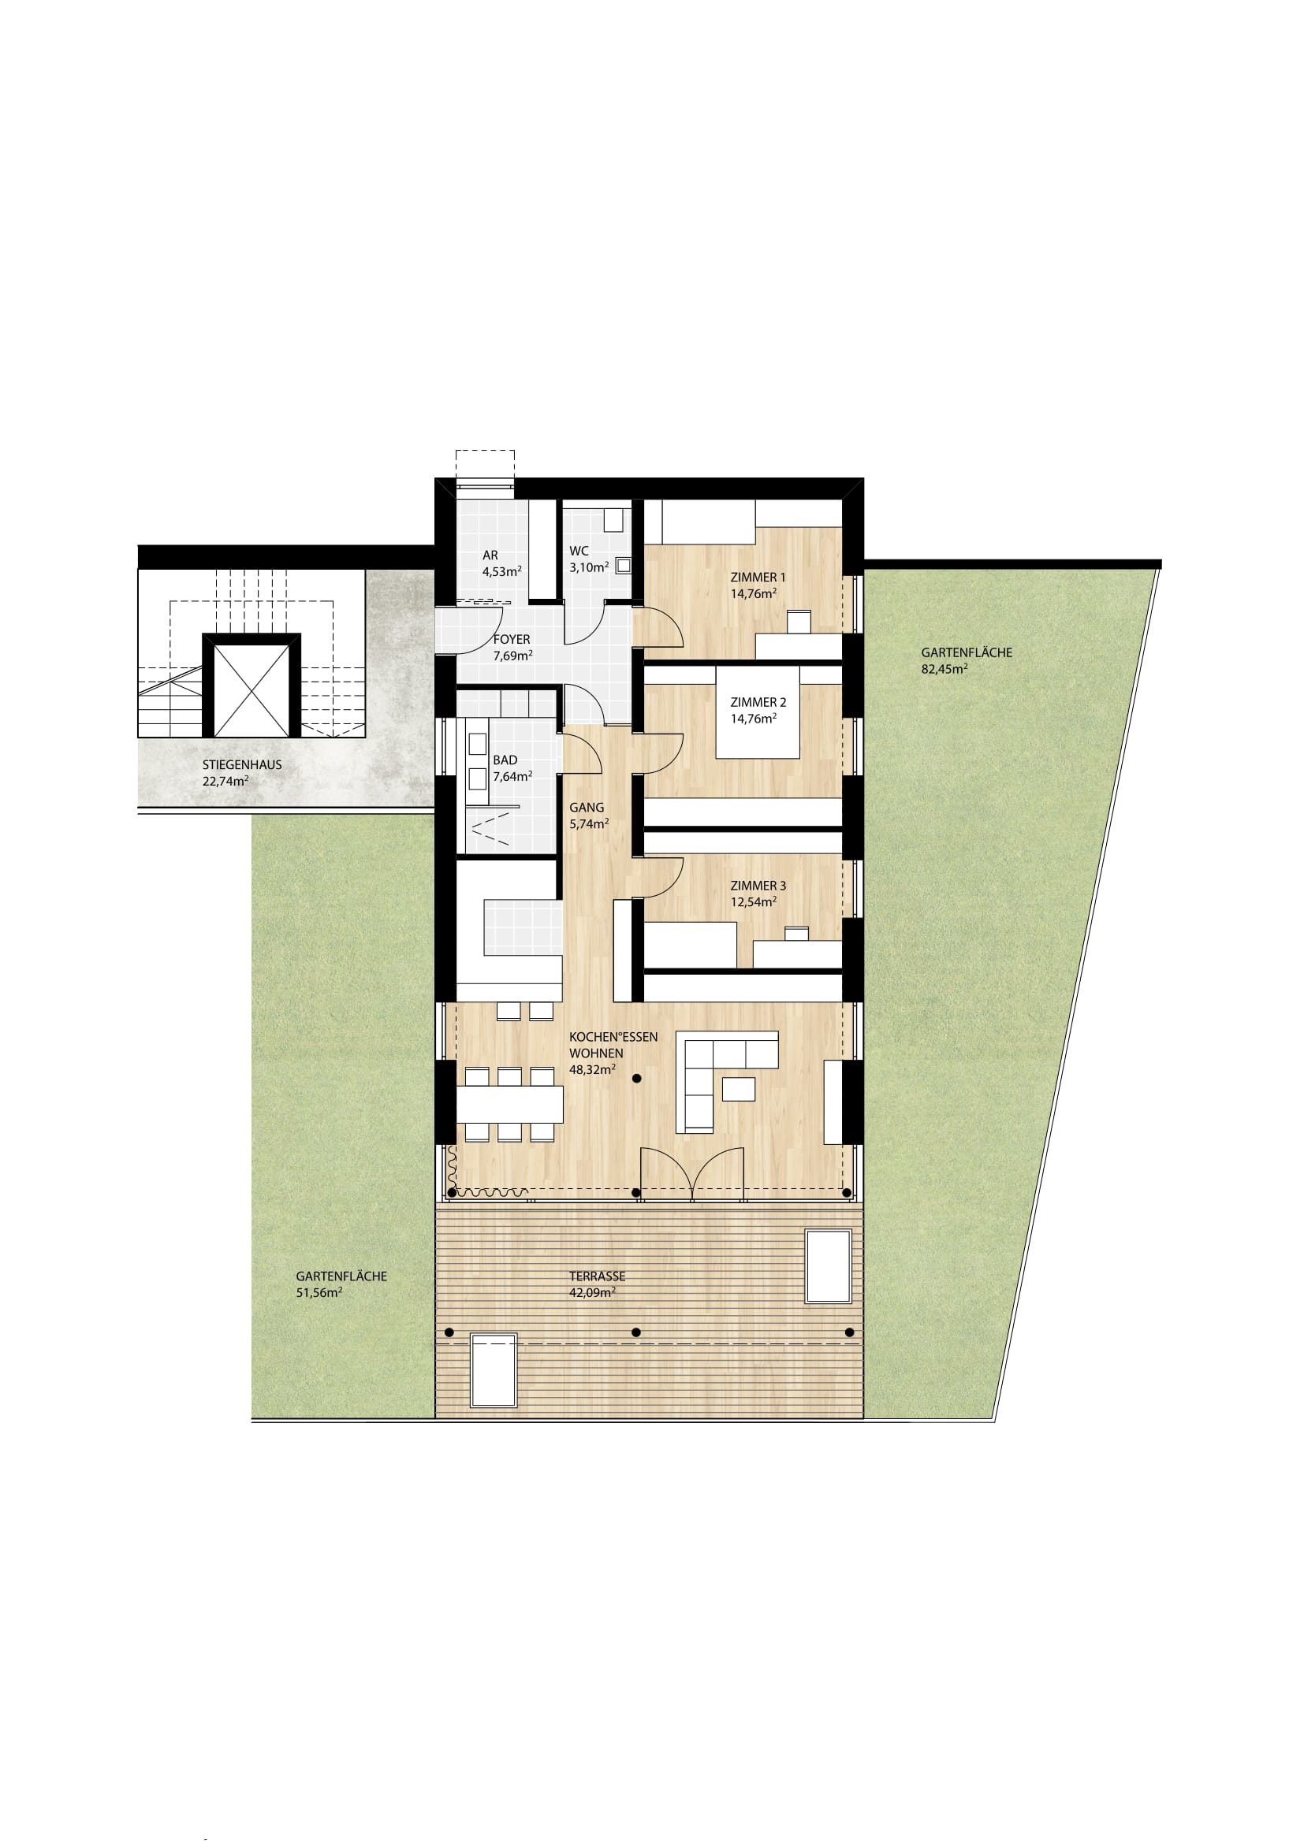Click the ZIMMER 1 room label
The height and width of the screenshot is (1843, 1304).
[x=758, y=577]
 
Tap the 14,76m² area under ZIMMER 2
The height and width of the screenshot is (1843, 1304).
[x=753, y=719]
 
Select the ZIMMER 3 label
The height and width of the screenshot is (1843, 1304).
[x=758, y=886]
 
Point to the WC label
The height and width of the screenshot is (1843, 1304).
[x=579, y=552]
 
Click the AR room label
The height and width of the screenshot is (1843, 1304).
[x=490, y=556]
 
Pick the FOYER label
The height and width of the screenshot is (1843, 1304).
[x=512, y=640]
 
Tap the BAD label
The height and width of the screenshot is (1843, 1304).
[x=505, y=760]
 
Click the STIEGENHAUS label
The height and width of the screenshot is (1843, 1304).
[x=242, y=765]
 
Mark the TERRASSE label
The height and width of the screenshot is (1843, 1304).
[x=597, y=1276]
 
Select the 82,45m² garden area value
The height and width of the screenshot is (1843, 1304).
[x=944, y=668]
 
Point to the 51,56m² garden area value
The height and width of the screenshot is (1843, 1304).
[x=319, y=1292]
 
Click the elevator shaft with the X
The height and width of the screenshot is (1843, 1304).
[x=251, y=690]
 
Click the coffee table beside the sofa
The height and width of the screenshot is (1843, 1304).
[x=739, y=1088]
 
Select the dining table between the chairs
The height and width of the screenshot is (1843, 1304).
[x=509, y=1105]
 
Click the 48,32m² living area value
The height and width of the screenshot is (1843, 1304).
[x=593, y=1069]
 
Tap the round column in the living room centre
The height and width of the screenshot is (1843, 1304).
[x=636, y=1079]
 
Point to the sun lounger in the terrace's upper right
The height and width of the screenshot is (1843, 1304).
[x=829, y=1267]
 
